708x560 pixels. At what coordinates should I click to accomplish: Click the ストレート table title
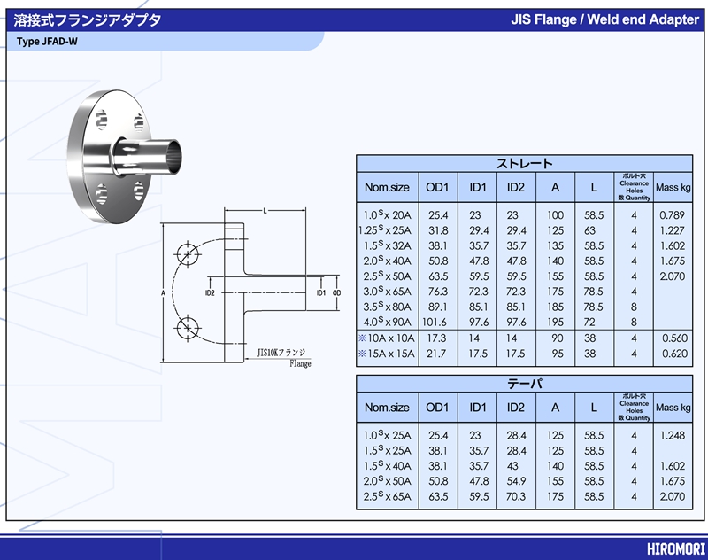[x=524, y=163]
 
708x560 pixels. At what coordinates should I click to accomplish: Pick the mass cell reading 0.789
[x=673, y=215]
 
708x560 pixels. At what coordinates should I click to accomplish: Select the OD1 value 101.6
[x=438, y=322]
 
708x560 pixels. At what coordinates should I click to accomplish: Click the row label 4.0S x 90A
[x=388, y=322]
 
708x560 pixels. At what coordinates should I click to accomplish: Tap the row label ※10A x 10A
[x=386, y=338]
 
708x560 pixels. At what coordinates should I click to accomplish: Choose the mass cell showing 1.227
[x=673, y=230]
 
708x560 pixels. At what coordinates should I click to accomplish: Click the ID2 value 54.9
[x=516, y=480]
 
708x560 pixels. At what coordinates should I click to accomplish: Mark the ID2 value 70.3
[x=516, y=496]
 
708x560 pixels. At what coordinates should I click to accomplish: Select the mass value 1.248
[x=673, y=435]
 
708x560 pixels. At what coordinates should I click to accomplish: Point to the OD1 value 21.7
[x=438, y=354]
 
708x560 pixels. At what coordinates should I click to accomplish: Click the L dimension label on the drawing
[x=265, y=210]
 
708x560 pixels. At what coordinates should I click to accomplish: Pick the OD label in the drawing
[x=337, y=292]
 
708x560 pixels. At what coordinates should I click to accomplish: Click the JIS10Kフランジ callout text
[x=281, y=353]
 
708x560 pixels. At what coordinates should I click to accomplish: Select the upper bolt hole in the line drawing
[x=187, y=254]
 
